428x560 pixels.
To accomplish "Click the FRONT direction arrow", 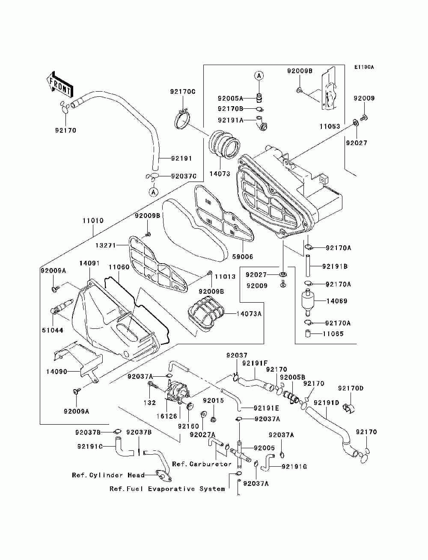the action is click(x=60, y=85).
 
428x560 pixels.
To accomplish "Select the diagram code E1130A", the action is click(x=364, y=67).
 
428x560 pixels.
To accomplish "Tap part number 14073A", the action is click(x=249, y=313).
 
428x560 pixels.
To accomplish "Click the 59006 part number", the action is click(x=243, y=256).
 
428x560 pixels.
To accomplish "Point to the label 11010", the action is click(x=93, y=220).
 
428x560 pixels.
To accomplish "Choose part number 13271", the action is click(x=106, y=245).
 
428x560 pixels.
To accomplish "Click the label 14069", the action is click(x=337, y=301).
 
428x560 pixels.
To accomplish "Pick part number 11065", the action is click(x=333, y=334).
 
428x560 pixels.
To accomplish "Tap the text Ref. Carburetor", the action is click(x=202, y=464).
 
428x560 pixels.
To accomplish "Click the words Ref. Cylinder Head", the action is click(x=108, y=475).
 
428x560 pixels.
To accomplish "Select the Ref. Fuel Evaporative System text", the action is click(x=167, y=489).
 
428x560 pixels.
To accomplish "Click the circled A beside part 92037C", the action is click(x=154, y=192).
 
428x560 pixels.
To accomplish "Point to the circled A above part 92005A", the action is click(x=259, y=75).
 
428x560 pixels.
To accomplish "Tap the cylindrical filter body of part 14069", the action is click(x=308, y=301).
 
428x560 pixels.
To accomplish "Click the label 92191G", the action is click(x=294, y=467).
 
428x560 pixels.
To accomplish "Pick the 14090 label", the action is click(x=56, y=372).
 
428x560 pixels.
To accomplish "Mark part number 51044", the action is click(x=53, y=330).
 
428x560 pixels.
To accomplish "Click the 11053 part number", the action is click(x=330, y=126).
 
